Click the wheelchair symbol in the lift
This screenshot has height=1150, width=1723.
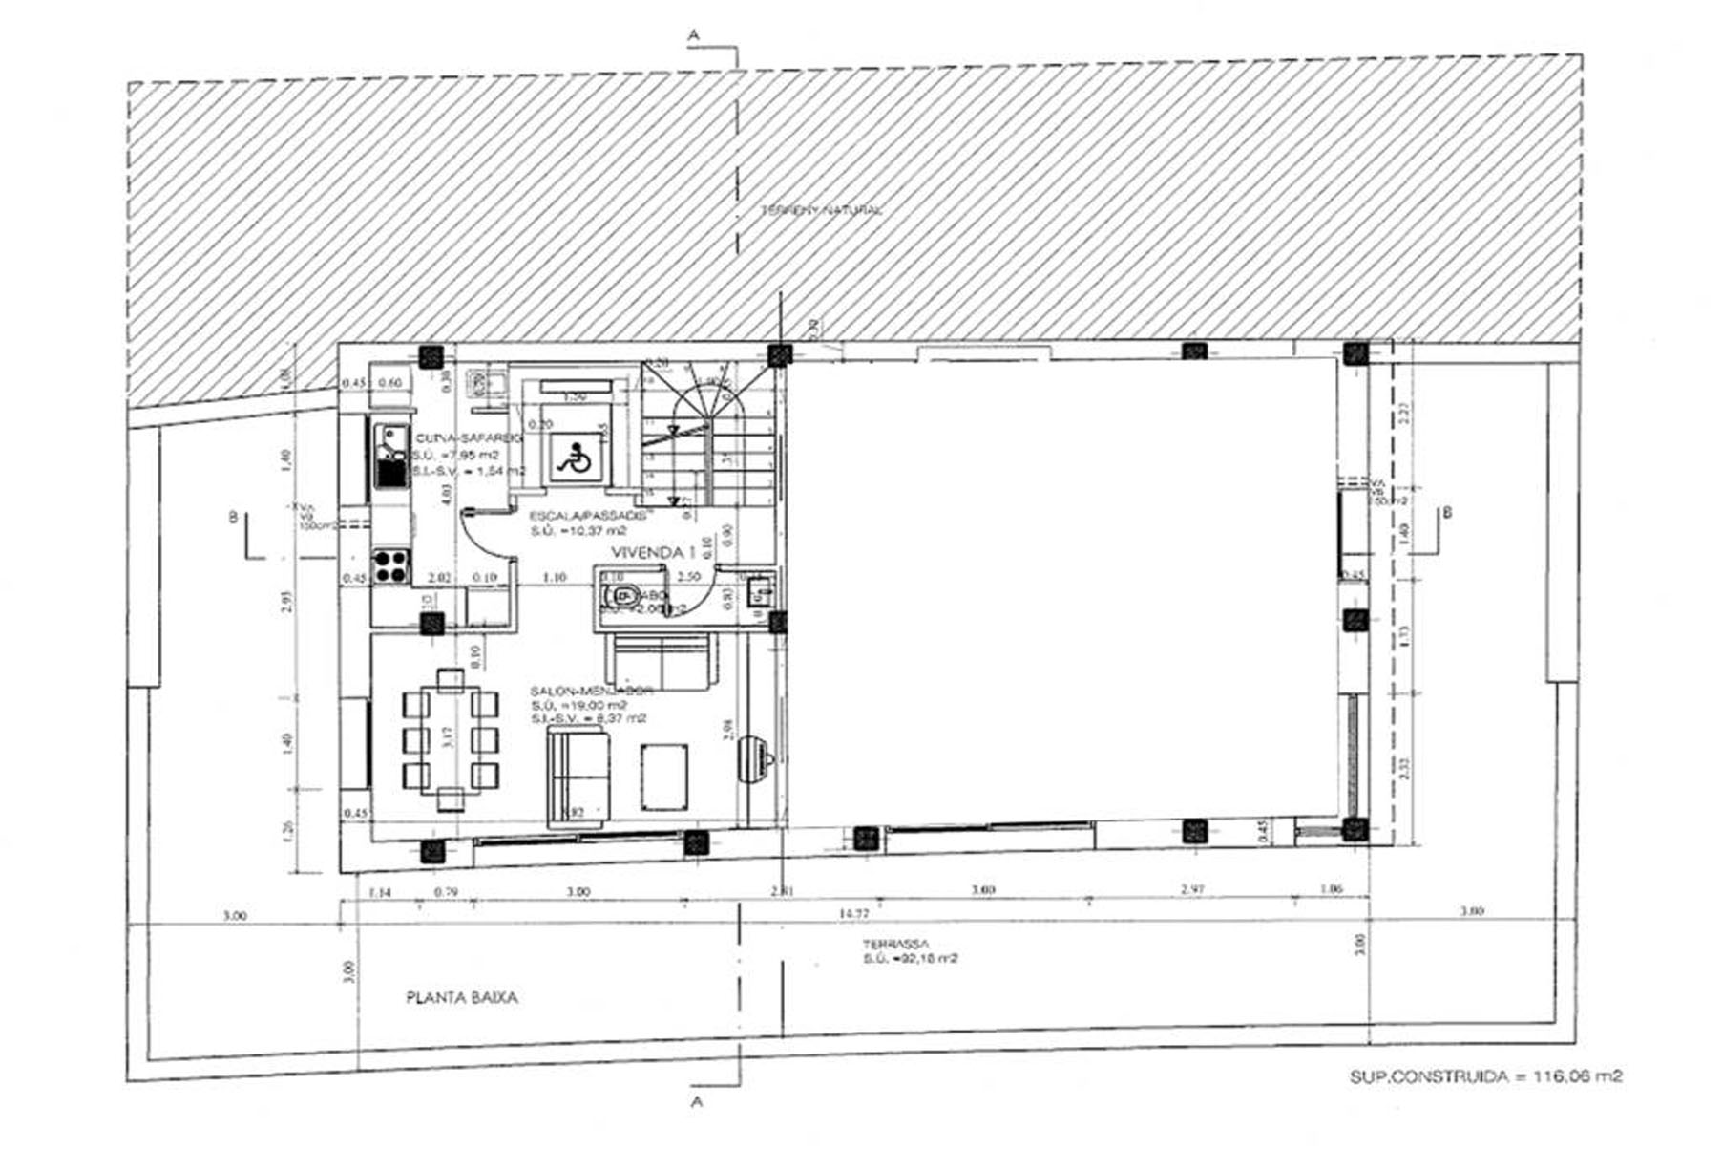573,459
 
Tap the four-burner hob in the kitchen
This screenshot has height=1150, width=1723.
390,565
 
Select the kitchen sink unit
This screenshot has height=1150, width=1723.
390,457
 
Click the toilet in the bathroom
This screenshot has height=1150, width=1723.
619,596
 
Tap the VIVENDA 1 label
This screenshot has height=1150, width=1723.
648,553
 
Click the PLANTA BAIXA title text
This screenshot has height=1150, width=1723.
462,998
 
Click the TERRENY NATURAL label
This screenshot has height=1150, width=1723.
821,210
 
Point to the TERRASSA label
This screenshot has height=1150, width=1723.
894,943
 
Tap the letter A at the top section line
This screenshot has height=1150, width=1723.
694,33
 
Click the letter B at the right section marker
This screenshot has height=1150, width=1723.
1447,513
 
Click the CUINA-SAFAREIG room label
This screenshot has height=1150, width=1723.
468,437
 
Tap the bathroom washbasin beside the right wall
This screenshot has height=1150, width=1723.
760,591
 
